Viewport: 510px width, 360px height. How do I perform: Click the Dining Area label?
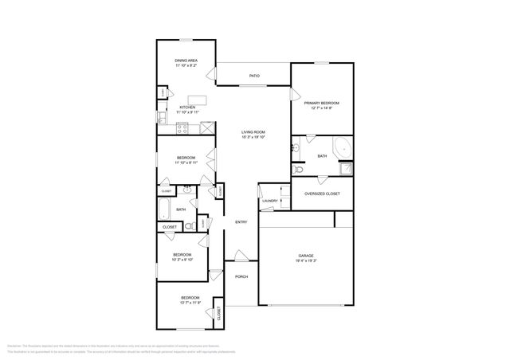tap(186, 61)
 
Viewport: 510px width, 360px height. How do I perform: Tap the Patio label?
tap(254, 76)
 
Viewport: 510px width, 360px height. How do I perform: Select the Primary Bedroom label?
tap(322, 103)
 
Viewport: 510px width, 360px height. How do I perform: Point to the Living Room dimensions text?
tap(253, 137)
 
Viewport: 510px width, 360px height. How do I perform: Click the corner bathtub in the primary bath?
tap(341, 147)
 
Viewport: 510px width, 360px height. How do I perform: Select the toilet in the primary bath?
tap(300, 170)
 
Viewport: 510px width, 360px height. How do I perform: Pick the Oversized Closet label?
tap(322, 194)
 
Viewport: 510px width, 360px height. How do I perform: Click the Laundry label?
tap(269, 201)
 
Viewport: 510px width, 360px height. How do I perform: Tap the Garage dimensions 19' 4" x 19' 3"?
tap(307, 260)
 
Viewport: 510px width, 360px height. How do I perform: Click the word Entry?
tap(241, 221)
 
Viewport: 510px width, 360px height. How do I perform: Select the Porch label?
tap(241, 276)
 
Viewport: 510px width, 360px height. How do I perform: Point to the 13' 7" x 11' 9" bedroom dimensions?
tap(190, 303)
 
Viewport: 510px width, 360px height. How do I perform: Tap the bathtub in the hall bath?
tap(164, 209)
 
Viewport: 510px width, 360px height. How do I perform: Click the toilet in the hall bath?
tap(190, 226)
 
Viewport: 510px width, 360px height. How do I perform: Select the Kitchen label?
tap(187, 107)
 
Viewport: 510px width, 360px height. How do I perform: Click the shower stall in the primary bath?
tap(347, 169)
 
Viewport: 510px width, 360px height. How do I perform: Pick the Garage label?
tap(307, 255)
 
